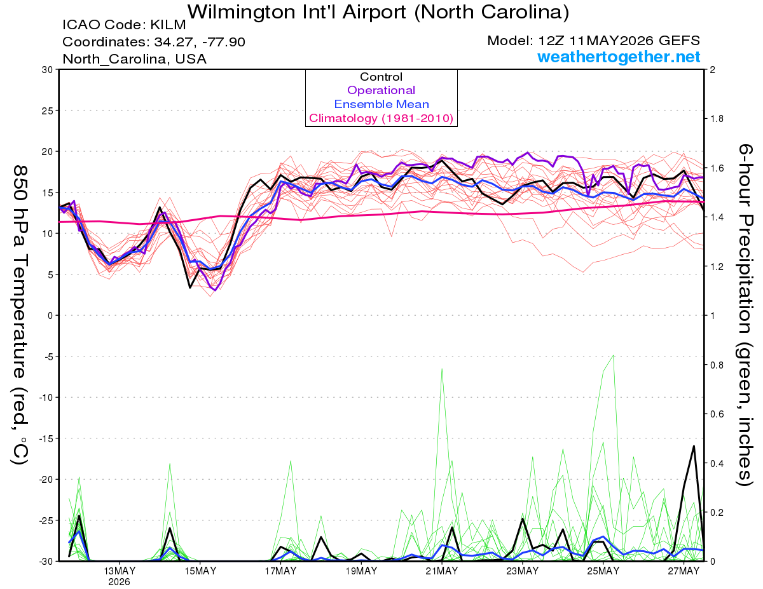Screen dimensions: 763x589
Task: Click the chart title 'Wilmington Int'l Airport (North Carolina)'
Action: [x=378, y=12]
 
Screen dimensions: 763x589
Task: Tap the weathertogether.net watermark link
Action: [x=619, y=57]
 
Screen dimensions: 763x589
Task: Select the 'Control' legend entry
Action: [x=381, y=77]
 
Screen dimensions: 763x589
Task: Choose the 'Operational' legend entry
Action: [x=381, y=90]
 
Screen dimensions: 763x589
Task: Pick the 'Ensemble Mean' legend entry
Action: [x=381, y=104]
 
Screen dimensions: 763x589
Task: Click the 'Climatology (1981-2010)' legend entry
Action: [x=381, y=118]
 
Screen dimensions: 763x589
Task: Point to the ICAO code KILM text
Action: [x=124, y=25]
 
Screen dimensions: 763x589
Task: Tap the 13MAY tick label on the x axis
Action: [x=120, y=571]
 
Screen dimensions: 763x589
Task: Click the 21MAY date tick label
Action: [x=442, y=571]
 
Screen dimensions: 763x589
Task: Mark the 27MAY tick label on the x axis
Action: [x=684, y=571]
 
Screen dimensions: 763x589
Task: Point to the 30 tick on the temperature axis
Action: [x=48, y=70]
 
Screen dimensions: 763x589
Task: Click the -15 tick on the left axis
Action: [x=45, y=438]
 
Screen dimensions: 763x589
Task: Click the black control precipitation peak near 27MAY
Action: [x=694, y=446]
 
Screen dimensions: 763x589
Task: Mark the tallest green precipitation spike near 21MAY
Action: [x=442, y=369]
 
